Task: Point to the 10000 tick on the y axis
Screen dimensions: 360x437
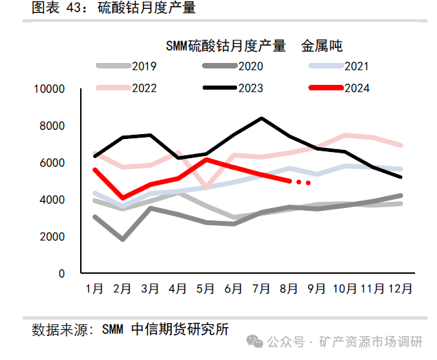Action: click(50, 89)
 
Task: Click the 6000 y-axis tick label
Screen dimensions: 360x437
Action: click(53, 163)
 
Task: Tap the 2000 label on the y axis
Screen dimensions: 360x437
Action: click(53, 237)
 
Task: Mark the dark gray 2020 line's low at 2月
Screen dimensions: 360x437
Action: click(123, 240)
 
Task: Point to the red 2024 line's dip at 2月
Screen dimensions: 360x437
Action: click(123, 198)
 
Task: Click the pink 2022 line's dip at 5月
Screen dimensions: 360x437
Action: click(206, 187)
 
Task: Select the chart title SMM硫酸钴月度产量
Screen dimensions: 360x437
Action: click(225, 46)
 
